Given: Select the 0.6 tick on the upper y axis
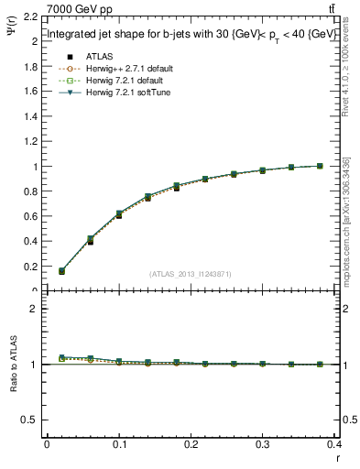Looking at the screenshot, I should [x=29, y=217].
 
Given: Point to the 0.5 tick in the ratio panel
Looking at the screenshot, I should [x=29, y=420].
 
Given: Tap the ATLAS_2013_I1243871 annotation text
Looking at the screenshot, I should [x=191, y=274].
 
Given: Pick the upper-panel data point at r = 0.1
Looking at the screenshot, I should [x=119, y=214].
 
